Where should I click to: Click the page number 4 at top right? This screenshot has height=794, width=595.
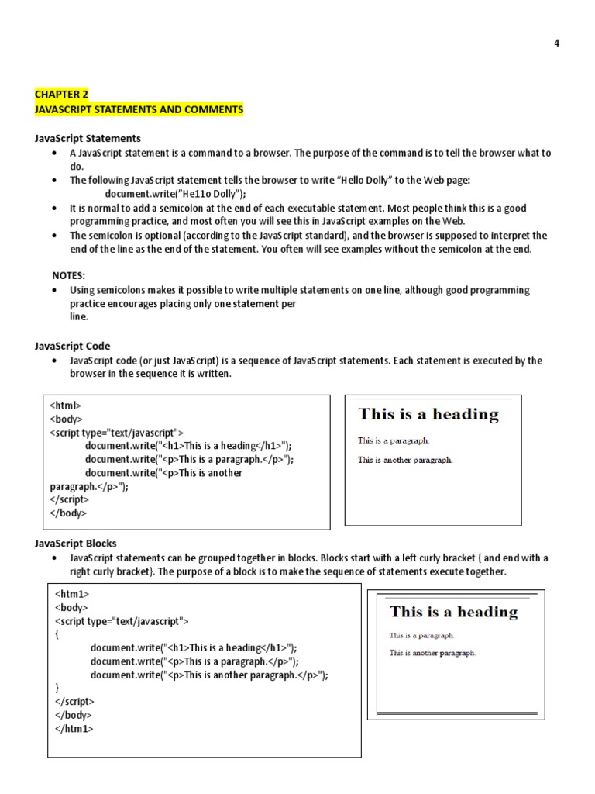point(555,43)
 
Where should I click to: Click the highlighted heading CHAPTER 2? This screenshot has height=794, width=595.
point(67,95)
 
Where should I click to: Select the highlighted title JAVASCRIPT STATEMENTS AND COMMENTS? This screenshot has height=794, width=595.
point(139,109)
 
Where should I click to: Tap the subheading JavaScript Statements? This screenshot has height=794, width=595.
point(88,138)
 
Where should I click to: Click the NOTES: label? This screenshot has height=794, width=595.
point(68,275)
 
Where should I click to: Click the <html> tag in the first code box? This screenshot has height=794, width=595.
point(66,405)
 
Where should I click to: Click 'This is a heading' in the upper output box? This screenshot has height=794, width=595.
point(428,414)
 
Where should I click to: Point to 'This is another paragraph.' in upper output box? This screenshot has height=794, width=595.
point(405,460)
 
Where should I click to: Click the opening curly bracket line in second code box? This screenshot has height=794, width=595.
point(57,634)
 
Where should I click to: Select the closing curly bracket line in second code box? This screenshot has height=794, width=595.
point(57,688)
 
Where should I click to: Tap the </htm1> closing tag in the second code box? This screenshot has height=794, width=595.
point(74,728)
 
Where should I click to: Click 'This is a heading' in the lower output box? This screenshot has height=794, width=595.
point(453,612)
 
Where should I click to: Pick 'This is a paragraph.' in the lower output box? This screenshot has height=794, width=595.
point(422,635)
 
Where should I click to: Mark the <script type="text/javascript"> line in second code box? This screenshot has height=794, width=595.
point(122,621)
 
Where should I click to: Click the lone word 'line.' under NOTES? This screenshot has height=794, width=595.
point(79,316)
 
